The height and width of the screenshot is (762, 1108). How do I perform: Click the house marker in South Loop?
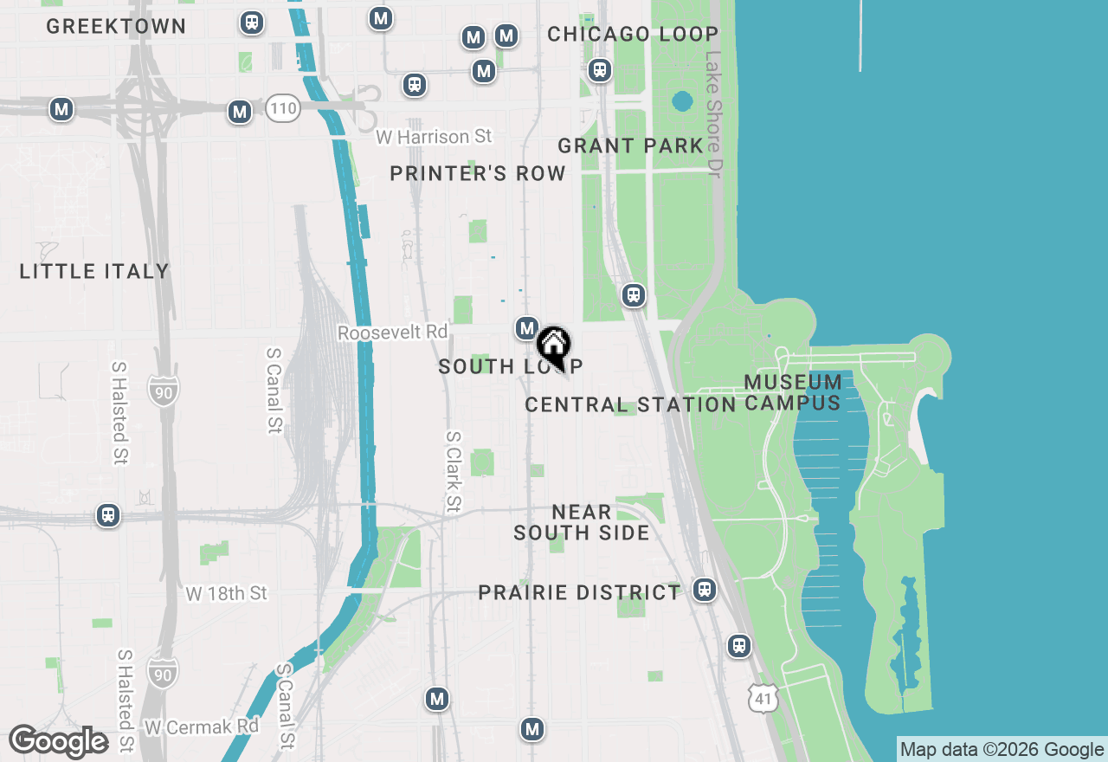click(553, 345)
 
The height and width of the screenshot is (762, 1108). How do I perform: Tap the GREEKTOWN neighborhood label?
click(116, 27)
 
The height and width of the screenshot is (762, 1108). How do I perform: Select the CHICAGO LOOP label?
click(633, 35)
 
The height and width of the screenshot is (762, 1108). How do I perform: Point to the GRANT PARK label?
click(630, 145)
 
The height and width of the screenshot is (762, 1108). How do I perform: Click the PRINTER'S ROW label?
click(478, 174)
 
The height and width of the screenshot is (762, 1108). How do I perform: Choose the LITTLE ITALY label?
click(94, 271)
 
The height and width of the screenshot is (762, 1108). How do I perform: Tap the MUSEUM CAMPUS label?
click(793, 392)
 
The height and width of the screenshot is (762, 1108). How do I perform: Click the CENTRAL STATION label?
click(630, 404)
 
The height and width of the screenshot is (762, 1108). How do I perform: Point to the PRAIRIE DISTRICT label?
click(579, 592)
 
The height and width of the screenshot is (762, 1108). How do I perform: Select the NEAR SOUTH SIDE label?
click(582, 522)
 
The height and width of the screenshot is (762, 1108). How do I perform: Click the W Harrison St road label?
click(434, 137)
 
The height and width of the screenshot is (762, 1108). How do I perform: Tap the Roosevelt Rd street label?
click(393, 333)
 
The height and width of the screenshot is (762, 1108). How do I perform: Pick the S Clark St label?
click(453, 472)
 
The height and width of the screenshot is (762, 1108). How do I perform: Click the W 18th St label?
click(227, 593)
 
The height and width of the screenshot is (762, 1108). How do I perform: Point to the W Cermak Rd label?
click(202, 726)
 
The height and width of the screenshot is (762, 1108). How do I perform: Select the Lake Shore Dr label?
click(712, 114)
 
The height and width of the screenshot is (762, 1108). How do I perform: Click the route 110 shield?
click(283, 108)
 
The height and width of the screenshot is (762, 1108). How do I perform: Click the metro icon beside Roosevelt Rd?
click(526, 328)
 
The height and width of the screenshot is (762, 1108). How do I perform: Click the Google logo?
click(59, 742)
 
